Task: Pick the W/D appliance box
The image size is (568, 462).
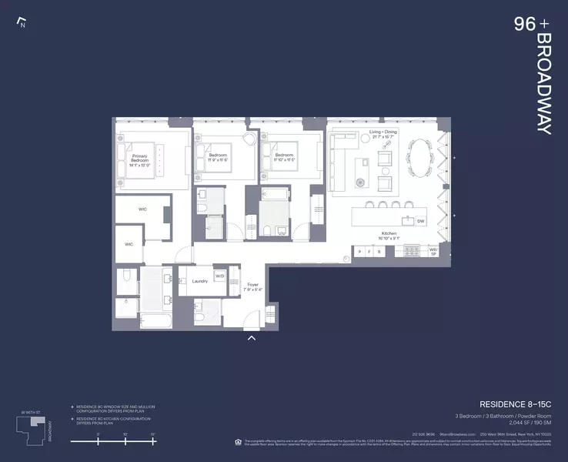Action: pos(219,276)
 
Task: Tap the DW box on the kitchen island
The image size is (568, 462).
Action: pos(420,221)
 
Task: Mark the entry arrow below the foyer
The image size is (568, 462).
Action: pos(251,337)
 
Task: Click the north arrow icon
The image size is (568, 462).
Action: pos(22,22)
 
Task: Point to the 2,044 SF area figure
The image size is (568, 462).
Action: pos(526,422)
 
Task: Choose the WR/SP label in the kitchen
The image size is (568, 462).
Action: pos(433,251)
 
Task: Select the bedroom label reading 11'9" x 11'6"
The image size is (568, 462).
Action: pos(219,158)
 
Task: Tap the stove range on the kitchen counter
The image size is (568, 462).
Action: pos(411,250)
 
